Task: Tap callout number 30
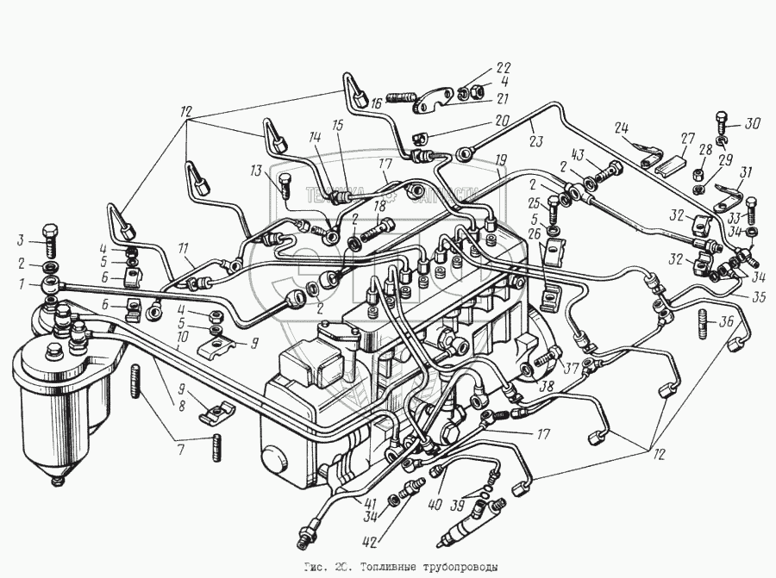(753, 122)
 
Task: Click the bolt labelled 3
(49, 240)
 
